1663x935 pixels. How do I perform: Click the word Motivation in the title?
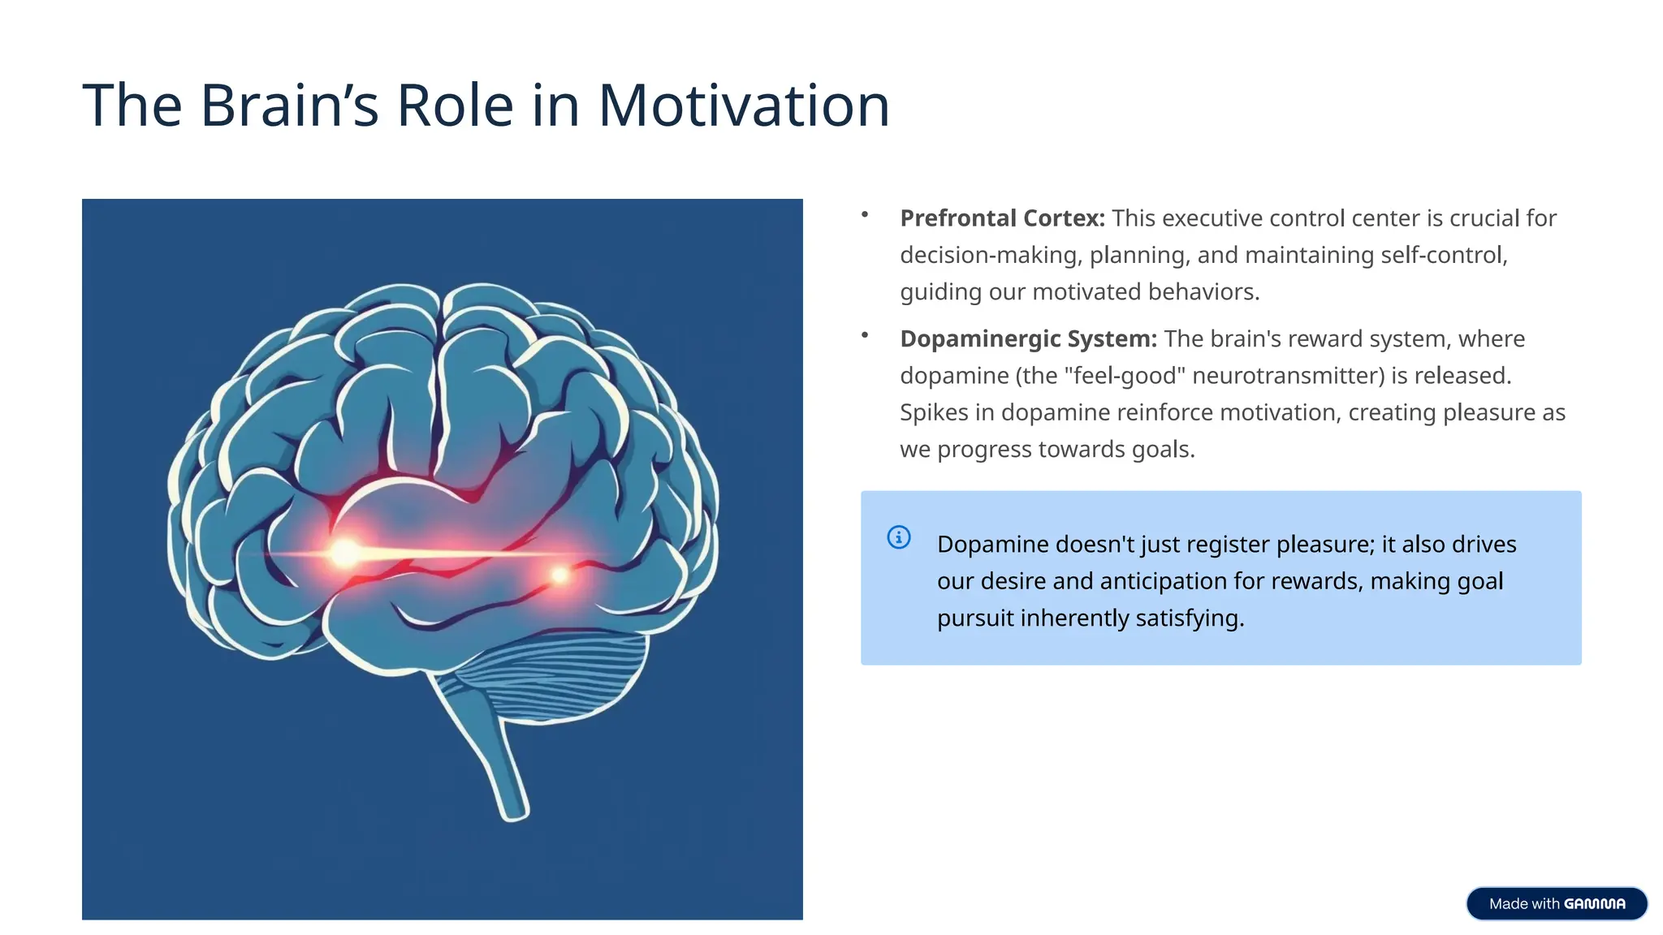tap(743, 106)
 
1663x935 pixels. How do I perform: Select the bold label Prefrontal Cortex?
tap(1002, 218)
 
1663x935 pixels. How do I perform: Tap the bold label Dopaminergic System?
tap(1028, 338)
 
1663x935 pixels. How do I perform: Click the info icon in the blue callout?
tap(898, 537)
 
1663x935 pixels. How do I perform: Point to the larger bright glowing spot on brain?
tap(345, 554)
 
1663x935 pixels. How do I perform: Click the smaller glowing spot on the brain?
tap(559, 575)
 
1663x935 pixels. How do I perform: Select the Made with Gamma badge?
tap(1556, 903)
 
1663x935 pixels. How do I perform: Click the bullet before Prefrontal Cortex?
tap(865, 215)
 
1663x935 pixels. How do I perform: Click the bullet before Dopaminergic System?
tap(865, 335)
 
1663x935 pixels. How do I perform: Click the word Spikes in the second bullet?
tap(934, 413)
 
